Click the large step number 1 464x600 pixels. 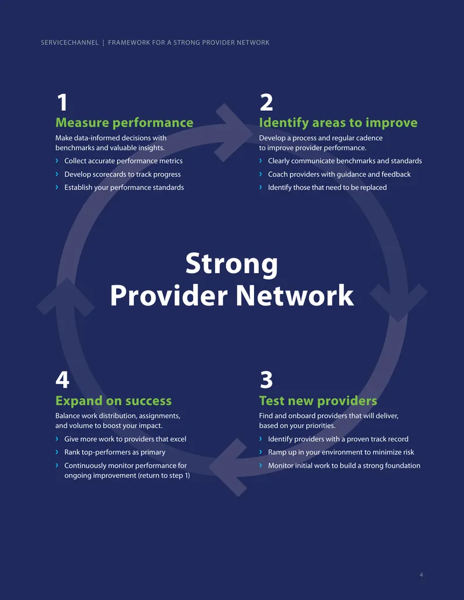click(x=63, y=103)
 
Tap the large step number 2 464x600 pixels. click(x=266, y=103)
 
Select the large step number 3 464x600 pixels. click(x=266, y=380)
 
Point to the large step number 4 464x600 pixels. click(x=63, y=380)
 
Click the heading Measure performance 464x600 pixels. click(x=125, y=122)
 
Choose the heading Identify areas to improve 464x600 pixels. click(x=338, y=122)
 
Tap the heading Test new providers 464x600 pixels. click(x=318, y=401)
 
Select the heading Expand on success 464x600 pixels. click(x=113, y=401)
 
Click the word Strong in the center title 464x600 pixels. click(x=231, y=264)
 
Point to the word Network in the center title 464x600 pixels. click(x=295, y=296)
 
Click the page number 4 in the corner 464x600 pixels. click(x=421, y=574)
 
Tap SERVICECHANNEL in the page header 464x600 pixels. click(x=70, y=42)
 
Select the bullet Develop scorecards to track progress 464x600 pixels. click(x=122, y=174)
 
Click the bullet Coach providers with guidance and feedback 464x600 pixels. click(x=339, y=174)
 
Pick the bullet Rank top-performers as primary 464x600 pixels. click(x=115, y=452)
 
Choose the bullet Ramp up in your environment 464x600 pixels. click(x=341, y=452)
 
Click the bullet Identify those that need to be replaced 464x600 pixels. click(x=327, y=187)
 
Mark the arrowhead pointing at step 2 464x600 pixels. click(x=234, y=132)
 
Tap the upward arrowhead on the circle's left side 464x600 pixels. click(x=66, y=297)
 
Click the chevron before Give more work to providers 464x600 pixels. click(x=57, y=439)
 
